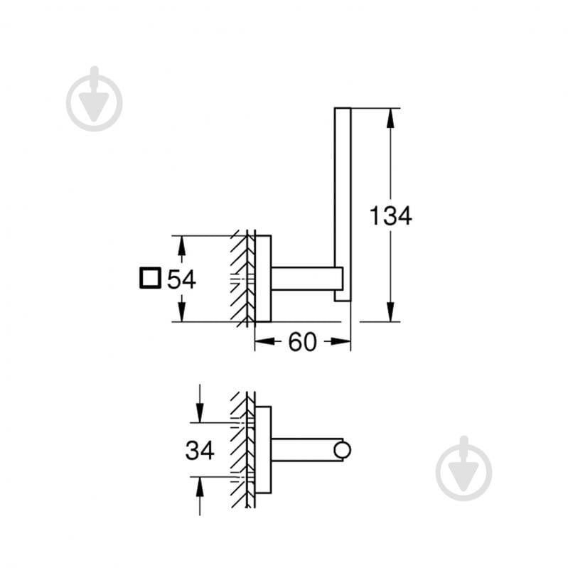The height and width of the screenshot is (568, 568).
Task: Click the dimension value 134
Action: pyautogui.click(x=390, y=215)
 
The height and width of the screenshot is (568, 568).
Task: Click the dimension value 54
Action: pyautogui.click(x=181, y=279)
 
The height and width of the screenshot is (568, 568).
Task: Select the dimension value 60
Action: pyautogui.click(x=302, y=342)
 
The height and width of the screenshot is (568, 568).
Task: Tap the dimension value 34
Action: pyautogui.click(x=200, y=450)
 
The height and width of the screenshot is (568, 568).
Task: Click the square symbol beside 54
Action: pyautogui.click(x=151, y=279)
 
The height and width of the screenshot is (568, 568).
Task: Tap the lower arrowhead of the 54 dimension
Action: pyautogui.click(x=181, y=312)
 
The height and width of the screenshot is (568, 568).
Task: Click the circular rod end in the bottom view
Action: pyautogui.click(x=343, y=449)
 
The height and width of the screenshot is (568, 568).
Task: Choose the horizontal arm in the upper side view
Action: pyautogui.click(x=302, y=279)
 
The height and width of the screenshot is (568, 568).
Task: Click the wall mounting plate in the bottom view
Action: pyautogui.click(x=263, y=449)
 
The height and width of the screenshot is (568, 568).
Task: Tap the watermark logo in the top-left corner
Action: pyautogui.click(x=94, y=100)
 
